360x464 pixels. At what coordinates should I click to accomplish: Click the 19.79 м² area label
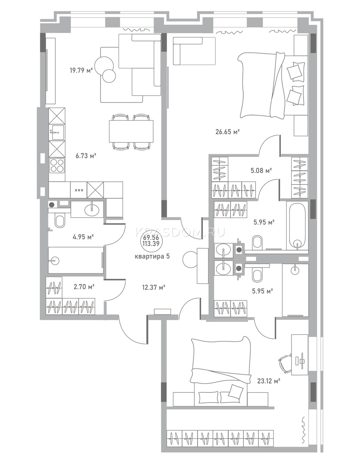tap(81, 70)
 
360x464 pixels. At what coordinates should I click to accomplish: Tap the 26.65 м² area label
tap(227, 132)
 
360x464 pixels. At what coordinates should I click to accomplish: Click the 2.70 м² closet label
tap(84, 287)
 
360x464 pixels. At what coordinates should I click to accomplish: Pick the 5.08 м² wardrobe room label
tap(261, 171)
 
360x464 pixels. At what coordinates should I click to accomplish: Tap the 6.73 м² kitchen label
tap(86, 156)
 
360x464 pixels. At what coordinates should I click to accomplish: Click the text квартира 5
tap(152, 256)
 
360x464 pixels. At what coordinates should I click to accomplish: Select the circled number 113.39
tap(152, 244)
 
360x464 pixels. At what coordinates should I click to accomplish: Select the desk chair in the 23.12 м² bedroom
tap(285, 363)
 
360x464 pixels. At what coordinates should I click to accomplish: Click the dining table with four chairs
tap(131, 131)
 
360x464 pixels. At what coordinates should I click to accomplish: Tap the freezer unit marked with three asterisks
tap(78, 190)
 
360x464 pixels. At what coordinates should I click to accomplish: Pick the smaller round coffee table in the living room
tap(109, 76)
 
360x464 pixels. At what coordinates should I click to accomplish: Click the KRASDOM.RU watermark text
tap(180, 232)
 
